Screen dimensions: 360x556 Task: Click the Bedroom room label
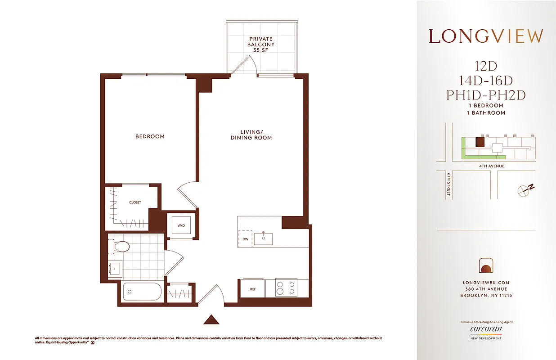pyautogui.click(x=150, y=136)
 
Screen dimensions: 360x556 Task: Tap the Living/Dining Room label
pyautogui.click(x=251, y=135)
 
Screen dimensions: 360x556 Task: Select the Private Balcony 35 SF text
pyautogui.click(x=261, y=45)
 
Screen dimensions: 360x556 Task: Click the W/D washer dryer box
pyautogui.click(x=181, y=226)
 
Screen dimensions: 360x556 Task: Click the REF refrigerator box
pyautogui.click(x=253, y=288)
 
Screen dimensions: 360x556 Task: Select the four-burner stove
pyautogui.click(x=286, y=288)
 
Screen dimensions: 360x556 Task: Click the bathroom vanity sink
pyautogui.click(x=114, y=269)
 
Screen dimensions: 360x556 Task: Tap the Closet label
pyautogui.click(x=135, y=202)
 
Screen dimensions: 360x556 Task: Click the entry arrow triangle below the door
pyautogui.click(x=211, y=319)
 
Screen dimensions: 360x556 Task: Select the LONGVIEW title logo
pyautogui.click(x=485, y=36)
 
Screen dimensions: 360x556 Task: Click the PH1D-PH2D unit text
pyautogui.click(x=485, y=95)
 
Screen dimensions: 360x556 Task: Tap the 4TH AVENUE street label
pyautogui.click(x=491, y=166)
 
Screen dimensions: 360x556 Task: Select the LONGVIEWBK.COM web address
pyautogui.click(x=486, y=283)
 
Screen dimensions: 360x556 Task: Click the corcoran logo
pyautogui.click(x=486, y=329)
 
